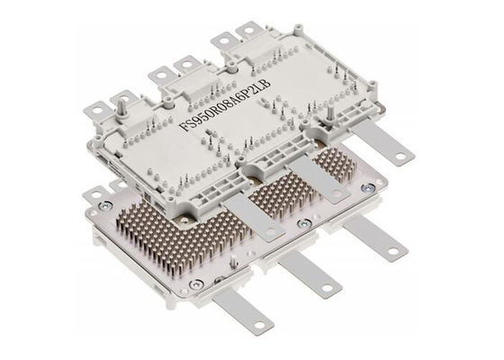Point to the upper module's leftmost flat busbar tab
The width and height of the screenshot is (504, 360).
point(252,216)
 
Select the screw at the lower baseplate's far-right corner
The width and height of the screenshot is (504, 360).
point(369,188)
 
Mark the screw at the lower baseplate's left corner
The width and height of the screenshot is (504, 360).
point(106,206)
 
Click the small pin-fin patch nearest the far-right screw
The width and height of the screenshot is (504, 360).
point(337,167)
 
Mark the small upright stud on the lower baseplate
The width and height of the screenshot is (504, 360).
point(234,261)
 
